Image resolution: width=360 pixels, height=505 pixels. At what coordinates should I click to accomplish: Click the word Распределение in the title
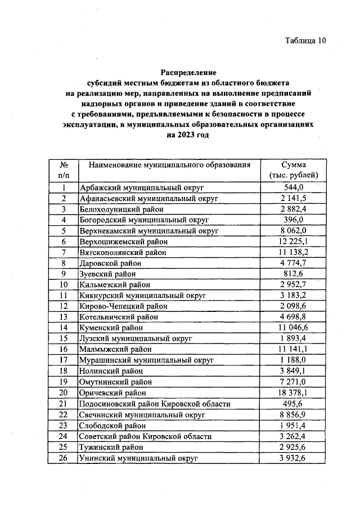tap(188, 73)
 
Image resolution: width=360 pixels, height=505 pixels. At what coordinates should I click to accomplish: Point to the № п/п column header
tap(64, 170)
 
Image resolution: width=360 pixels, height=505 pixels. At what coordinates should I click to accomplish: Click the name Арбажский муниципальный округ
tap(141, 187)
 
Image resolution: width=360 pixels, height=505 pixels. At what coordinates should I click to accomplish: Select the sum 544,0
tap(294, 187)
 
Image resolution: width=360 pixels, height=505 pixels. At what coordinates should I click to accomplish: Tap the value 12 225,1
tap(294, 242)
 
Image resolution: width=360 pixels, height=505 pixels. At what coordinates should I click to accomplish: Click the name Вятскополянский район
tap(123, 253)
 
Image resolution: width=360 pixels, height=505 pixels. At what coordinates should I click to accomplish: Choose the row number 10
tap(64, 285)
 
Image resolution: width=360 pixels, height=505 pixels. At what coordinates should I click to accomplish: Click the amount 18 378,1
tap(294, 393)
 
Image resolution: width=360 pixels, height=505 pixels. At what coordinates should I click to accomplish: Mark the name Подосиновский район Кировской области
tap(155, 404)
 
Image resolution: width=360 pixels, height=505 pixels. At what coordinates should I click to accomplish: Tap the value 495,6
tap(294, 404)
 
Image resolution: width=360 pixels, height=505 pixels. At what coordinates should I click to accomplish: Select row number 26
tap(64, 458)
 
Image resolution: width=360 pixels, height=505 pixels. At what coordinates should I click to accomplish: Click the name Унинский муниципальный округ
tap(139, 458)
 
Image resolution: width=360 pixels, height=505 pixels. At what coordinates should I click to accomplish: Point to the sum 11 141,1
tap(294, 350)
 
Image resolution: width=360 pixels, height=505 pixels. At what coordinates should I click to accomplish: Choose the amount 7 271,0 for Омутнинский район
tap(294, 382)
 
